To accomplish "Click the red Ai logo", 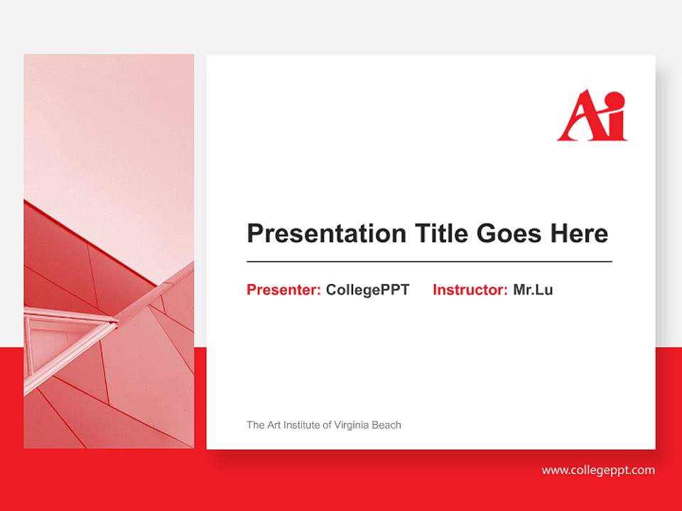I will click(592, 116).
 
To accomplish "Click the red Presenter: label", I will click(283, 290).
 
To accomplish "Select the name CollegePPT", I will click(368, 290).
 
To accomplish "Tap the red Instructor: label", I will click(470, 290).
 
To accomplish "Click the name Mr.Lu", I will click(533, 290).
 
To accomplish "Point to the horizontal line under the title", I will click(429, 262).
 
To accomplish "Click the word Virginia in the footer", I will click(353, 425).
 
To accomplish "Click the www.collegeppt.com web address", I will click(597, 470).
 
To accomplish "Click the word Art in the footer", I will click(274, 425).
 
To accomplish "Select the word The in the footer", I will click(256, 425).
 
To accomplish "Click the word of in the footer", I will click(327, 425).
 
